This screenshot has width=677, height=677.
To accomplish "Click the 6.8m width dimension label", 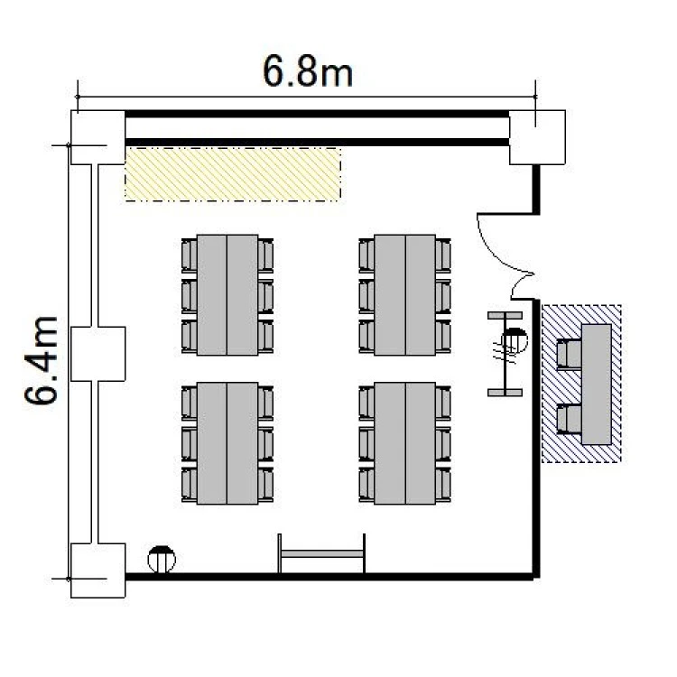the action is pos(308,72).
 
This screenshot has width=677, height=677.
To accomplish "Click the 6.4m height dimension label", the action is pos(41,360).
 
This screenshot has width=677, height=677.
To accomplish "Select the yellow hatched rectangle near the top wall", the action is pos(233,174).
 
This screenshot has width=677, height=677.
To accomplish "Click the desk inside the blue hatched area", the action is pos(597,385).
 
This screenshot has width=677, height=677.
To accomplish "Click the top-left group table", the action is pos(227,295).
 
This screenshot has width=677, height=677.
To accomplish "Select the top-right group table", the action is pos(405,295).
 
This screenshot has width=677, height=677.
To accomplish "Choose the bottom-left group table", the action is pos(227,443).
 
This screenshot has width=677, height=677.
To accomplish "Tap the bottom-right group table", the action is pos(405,443).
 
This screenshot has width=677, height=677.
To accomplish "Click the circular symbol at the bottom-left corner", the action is pos(162,560).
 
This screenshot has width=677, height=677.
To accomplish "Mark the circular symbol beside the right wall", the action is pos(515,340).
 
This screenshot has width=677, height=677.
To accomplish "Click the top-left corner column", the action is pos(98,137).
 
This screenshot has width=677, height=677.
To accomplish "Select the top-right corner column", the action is pos(537,137).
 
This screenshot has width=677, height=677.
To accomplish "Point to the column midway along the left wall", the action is pos(98,354).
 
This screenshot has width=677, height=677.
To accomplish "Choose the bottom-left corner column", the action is pos(98,570).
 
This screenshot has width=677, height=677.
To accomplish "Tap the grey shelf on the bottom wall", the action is pos(321,553).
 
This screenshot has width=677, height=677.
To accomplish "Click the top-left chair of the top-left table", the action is pos(190,255).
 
